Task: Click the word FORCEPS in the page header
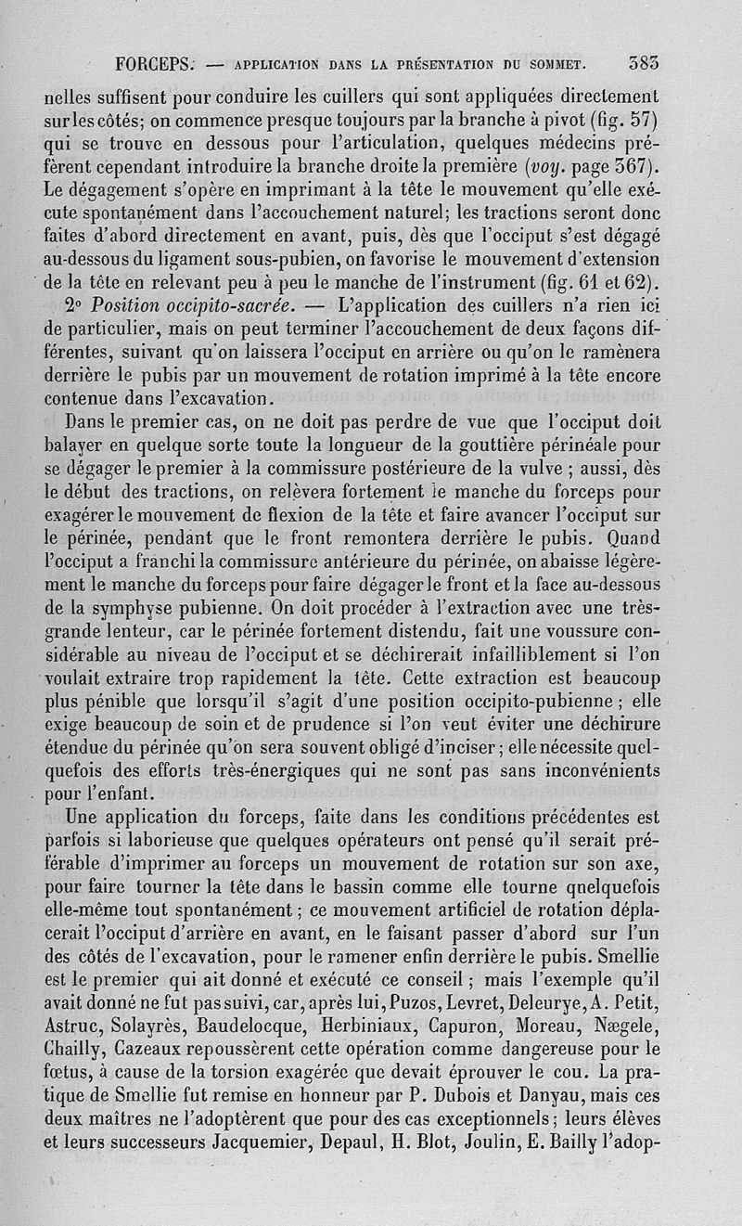[155, 65]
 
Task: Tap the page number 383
[643, 64]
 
